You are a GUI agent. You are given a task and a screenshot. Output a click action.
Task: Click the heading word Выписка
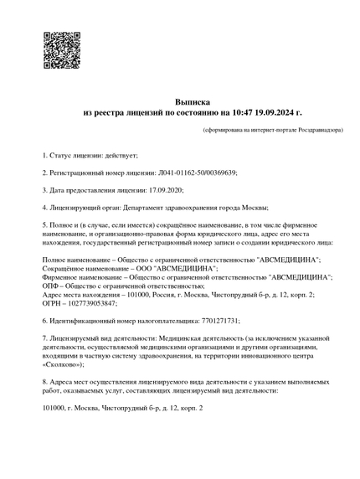(x=181, y=100)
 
